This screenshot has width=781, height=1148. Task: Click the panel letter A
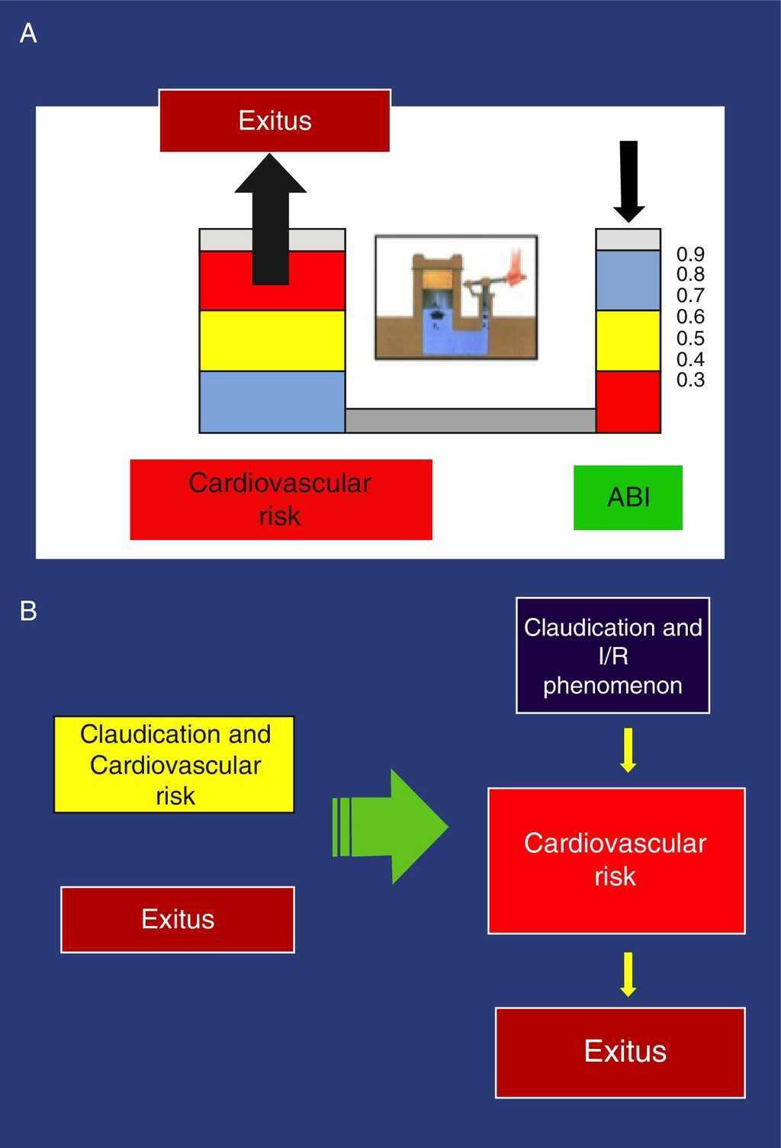28,34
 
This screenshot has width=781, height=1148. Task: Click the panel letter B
28,611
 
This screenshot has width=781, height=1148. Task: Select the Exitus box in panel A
275,121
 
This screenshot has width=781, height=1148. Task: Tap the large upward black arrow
271,221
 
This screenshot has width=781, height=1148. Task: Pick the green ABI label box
628,497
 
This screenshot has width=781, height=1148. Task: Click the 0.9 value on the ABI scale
690,253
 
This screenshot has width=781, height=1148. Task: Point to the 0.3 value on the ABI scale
690,380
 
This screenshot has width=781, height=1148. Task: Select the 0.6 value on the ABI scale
690,317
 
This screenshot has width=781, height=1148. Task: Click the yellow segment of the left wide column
272,340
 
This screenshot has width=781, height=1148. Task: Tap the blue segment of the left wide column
272,401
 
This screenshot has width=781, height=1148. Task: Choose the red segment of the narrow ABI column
628,401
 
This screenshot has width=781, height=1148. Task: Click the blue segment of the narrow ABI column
628,280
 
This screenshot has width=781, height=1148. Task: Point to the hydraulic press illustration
456,297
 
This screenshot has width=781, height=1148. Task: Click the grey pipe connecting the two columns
470,420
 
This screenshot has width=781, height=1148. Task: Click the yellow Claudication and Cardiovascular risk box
175,764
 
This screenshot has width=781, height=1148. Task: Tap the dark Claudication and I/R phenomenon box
612,656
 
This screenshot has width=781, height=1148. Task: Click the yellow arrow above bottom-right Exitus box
628,973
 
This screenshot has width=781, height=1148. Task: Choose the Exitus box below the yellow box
178,919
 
